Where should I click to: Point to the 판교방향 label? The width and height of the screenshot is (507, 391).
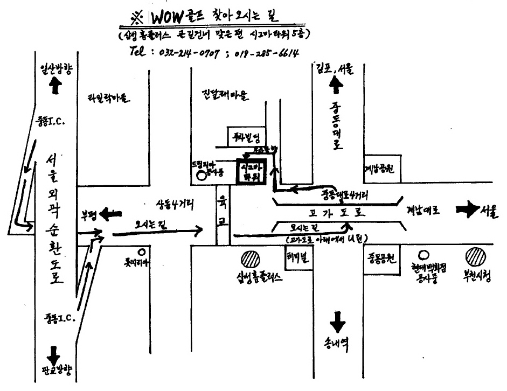point(55,371)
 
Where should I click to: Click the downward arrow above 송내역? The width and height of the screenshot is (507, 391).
point(338,323)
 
